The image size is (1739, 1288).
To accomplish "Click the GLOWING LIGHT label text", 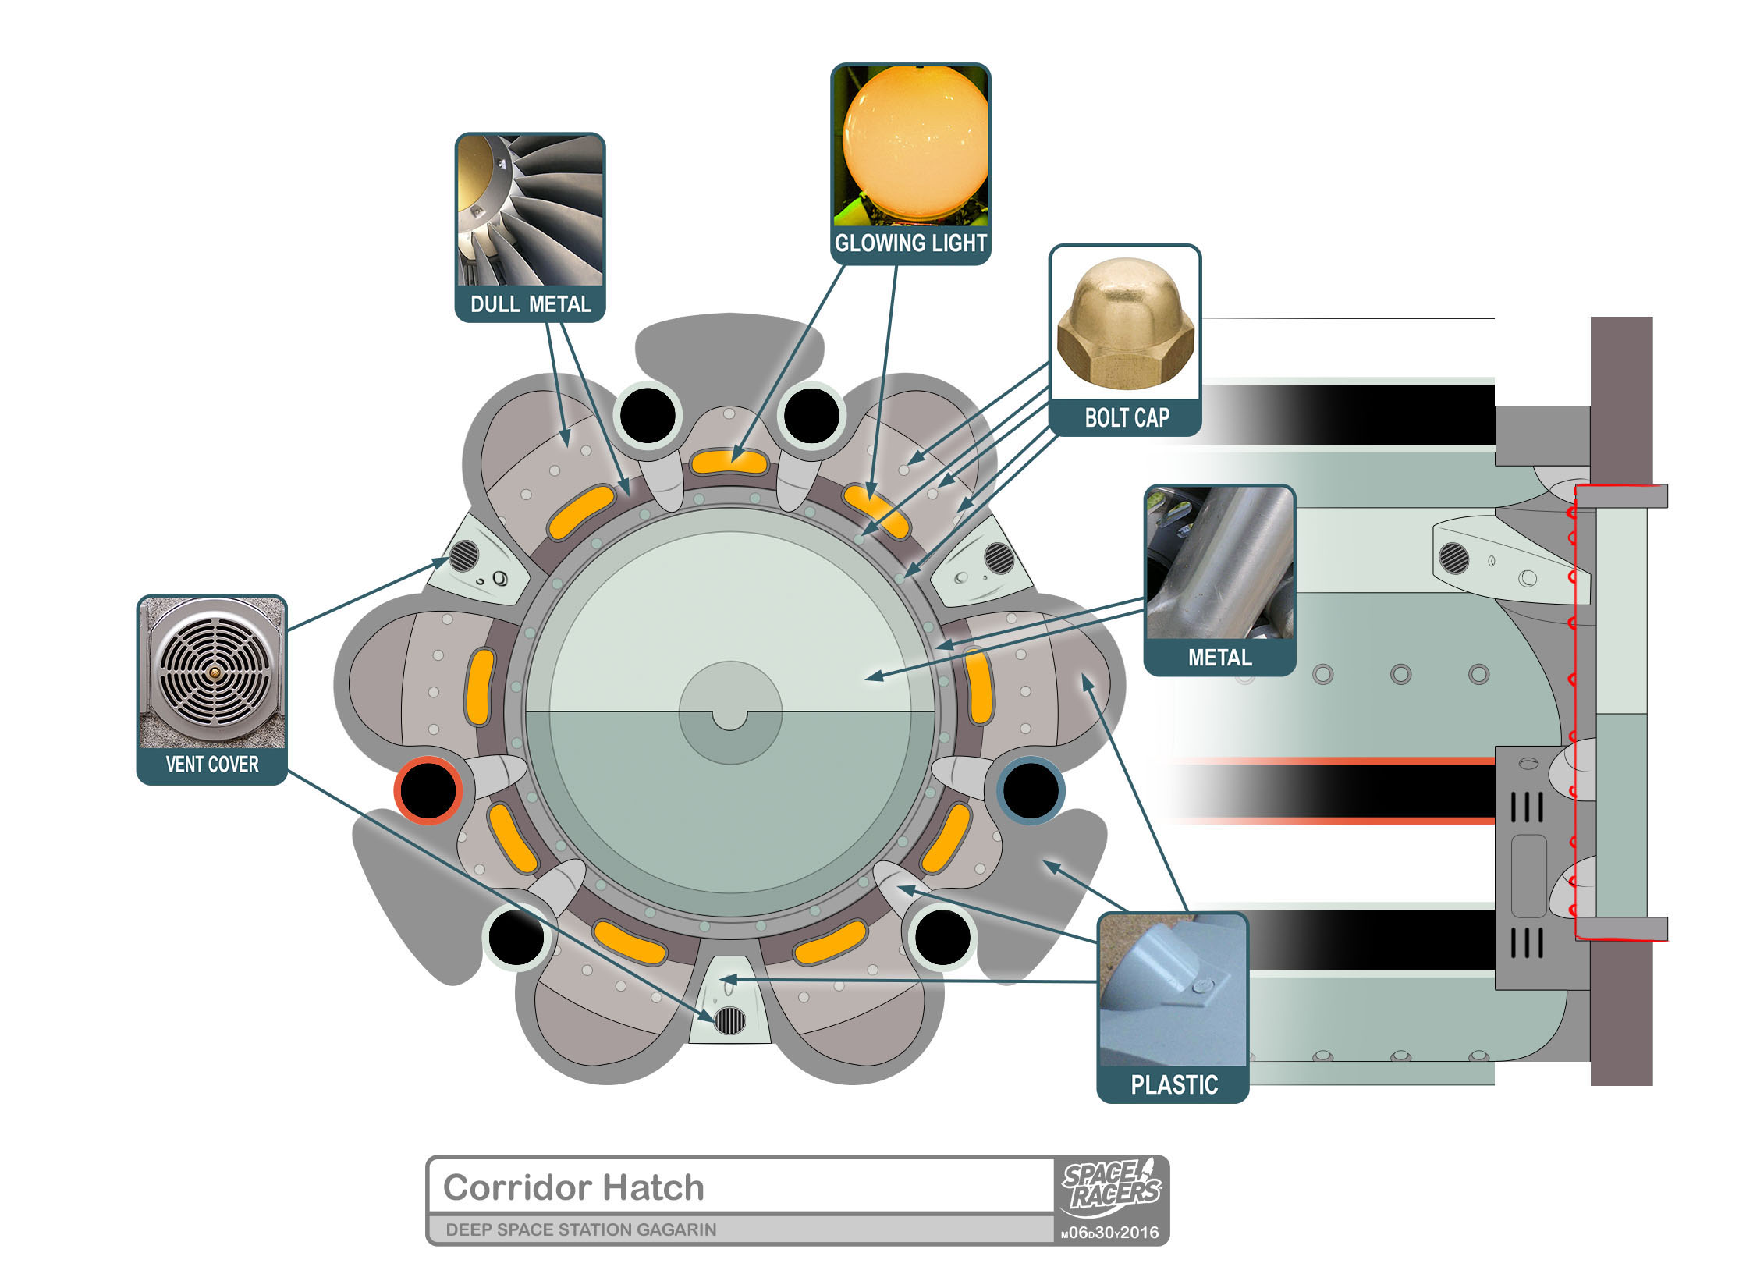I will click(910, 243).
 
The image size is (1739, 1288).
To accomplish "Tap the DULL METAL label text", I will click(531, 304).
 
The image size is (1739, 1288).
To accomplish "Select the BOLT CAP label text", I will click(1127, 418).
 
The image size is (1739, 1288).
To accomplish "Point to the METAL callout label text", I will click(1219, 658).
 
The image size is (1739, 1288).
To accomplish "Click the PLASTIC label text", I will click(1174, 1084).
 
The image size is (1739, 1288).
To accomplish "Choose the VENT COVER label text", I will click(212, 765).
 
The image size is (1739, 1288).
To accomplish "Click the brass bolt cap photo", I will click(1126, 323).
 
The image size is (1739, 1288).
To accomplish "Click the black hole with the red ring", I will click(428, 790).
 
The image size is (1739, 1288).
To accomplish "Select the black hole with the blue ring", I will click(1031, 790).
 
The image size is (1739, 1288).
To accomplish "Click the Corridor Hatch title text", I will click(573, 1187).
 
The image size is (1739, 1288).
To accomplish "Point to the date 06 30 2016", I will click(1110, 1233).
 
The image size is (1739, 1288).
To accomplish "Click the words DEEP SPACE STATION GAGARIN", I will click(580, 1229).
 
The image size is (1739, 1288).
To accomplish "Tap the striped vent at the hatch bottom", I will click(729, 1020).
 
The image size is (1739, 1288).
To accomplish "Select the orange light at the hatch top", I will click(729, 463).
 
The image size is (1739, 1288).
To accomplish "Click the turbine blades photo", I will click(531, 211).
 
